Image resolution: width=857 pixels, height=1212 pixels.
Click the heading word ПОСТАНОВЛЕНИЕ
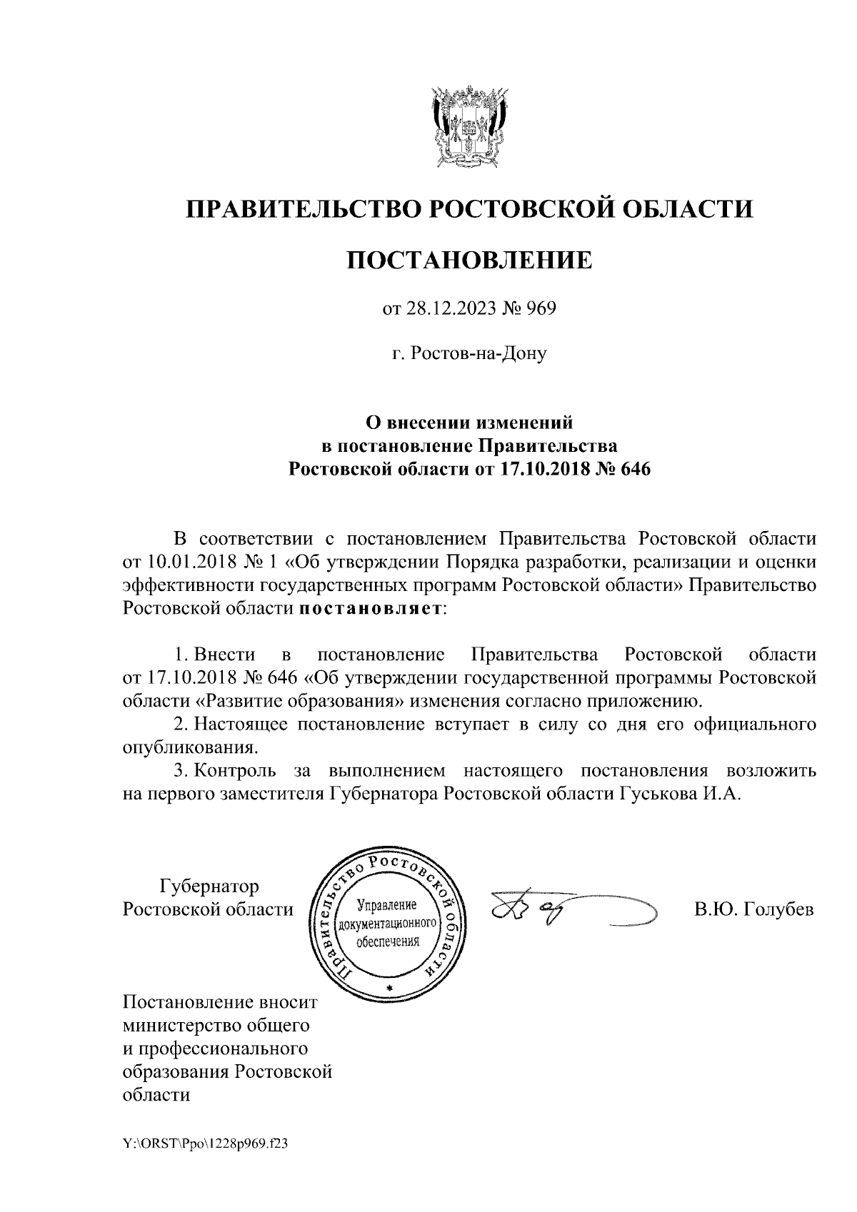click(x=469, y=260)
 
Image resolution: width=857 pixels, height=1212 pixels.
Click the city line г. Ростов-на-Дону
click(x=469, y=353)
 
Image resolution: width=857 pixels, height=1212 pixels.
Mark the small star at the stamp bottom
click(x=389, y=987)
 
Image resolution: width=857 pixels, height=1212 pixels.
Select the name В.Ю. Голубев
click(x=753, y=910)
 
